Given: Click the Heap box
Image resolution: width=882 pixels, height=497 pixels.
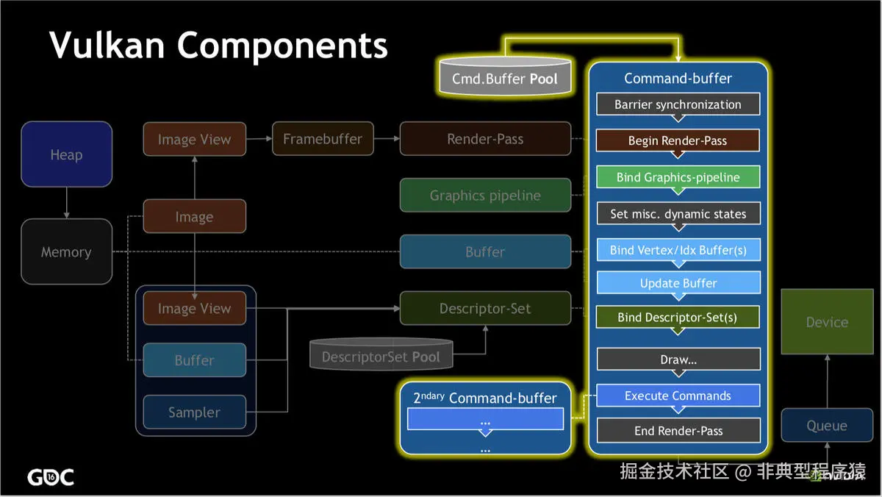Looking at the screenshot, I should pos(66,154).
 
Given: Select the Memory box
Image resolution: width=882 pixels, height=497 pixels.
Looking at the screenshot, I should pos(66,251).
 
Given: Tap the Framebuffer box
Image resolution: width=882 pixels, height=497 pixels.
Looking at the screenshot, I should pos(322,139).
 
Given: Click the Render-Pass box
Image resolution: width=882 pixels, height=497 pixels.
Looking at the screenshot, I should pos(485,139).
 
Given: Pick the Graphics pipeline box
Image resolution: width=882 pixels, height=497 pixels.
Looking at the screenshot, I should pos(485,196).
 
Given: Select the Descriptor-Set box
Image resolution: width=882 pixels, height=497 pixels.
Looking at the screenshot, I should pos(485,308).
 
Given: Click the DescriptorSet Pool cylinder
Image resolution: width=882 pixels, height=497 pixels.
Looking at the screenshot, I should pos(381,355).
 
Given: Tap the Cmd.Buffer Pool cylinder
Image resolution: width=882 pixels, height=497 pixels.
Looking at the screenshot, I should pos(505,77).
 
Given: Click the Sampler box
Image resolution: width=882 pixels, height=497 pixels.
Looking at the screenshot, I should pos(194,412).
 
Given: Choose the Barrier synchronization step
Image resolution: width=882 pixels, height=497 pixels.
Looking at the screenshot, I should pos(678,104).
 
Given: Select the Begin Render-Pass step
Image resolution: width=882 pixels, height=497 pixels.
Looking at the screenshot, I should pos(678,140).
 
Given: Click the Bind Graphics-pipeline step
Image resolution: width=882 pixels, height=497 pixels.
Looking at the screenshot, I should pos(678,177).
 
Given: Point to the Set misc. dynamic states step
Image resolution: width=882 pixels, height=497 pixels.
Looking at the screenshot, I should pos(678,214).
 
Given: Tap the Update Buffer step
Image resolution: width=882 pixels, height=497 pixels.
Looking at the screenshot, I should pos(678,283).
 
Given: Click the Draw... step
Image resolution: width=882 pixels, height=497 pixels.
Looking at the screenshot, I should pos(678,360).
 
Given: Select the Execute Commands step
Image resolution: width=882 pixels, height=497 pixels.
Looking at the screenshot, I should pos(678,396).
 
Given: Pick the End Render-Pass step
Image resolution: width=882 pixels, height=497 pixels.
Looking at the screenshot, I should pos(678,431).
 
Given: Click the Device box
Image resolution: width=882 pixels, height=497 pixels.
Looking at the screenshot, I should pos(827,322).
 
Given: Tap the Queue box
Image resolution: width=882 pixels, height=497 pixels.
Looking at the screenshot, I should pos(827,426).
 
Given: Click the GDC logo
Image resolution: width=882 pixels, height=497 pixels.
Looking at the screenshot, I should pos(51,477).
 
